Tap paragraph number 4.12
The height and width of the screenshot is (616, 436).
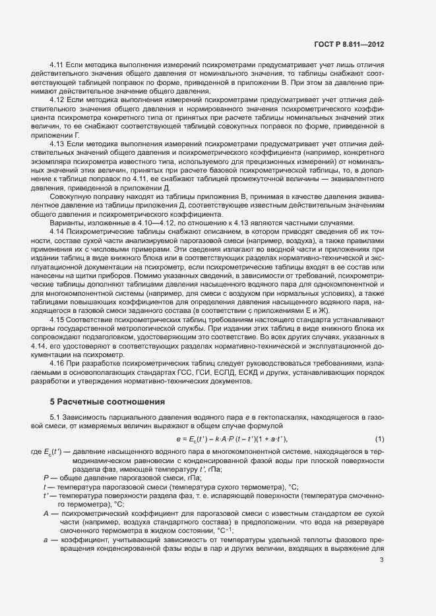(57, 98)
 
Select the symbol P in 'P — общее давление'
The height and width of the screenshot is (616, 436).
(46, 478)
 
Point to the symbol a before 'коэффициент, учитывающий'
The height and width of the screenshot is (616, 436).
(46, 538)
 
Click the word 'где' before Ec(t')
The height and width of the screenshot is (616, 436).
(37, 451)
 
